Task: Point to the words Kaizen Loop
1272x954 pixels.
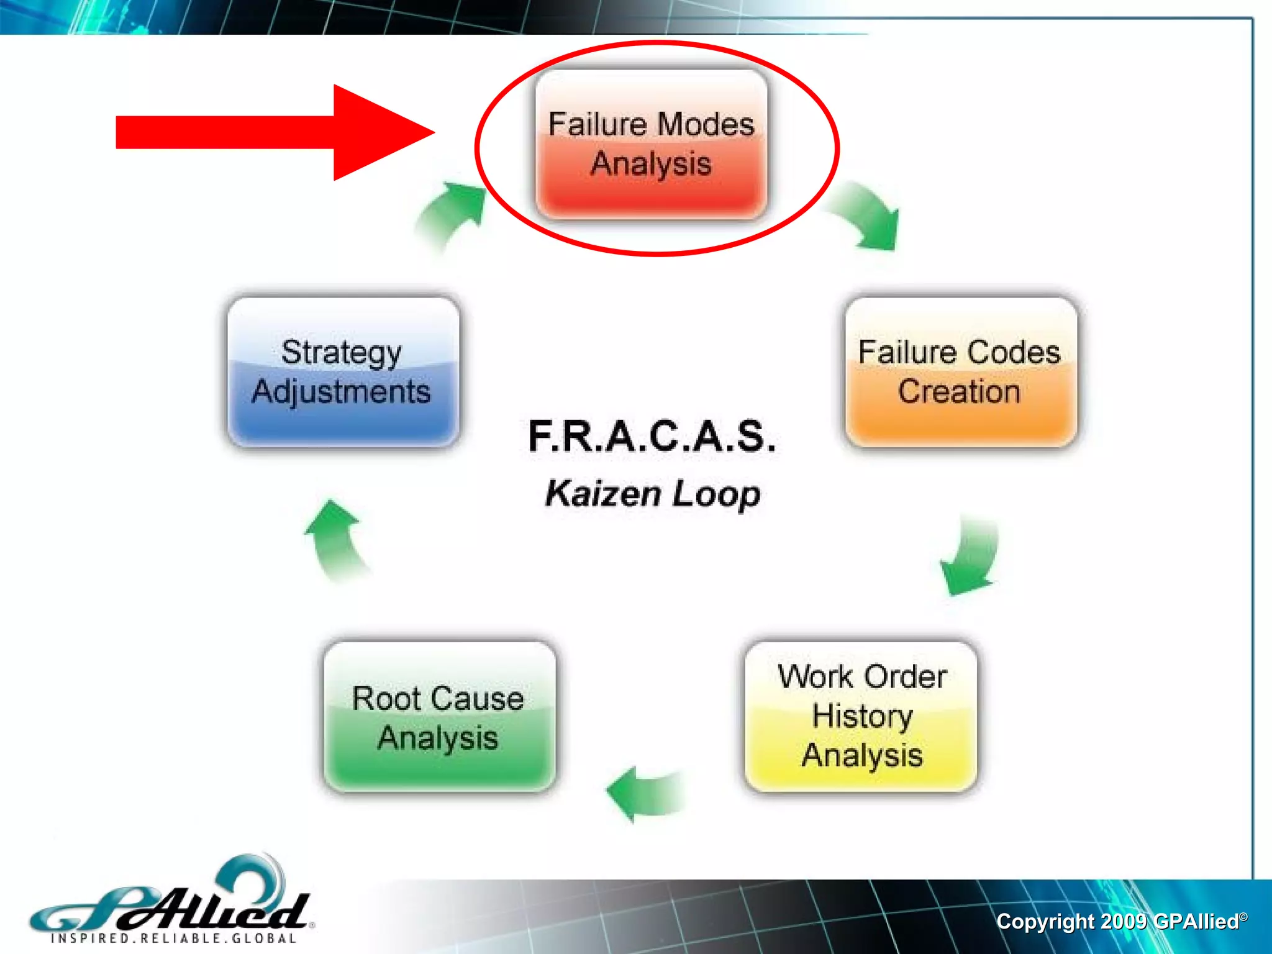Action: pos(652,494)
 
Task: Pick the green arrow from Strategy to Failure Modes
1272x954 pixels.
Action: pos(450,214)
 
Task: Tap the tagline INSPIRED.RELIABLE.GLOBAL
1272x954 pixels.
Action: pos(174,938)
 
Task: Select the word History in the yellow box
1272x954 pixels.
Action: pos(862,716)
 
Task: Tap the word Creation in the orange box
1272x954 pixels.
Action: pos(959,392)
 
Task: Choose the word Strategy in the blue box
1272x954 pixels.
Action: pos(341,353)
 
